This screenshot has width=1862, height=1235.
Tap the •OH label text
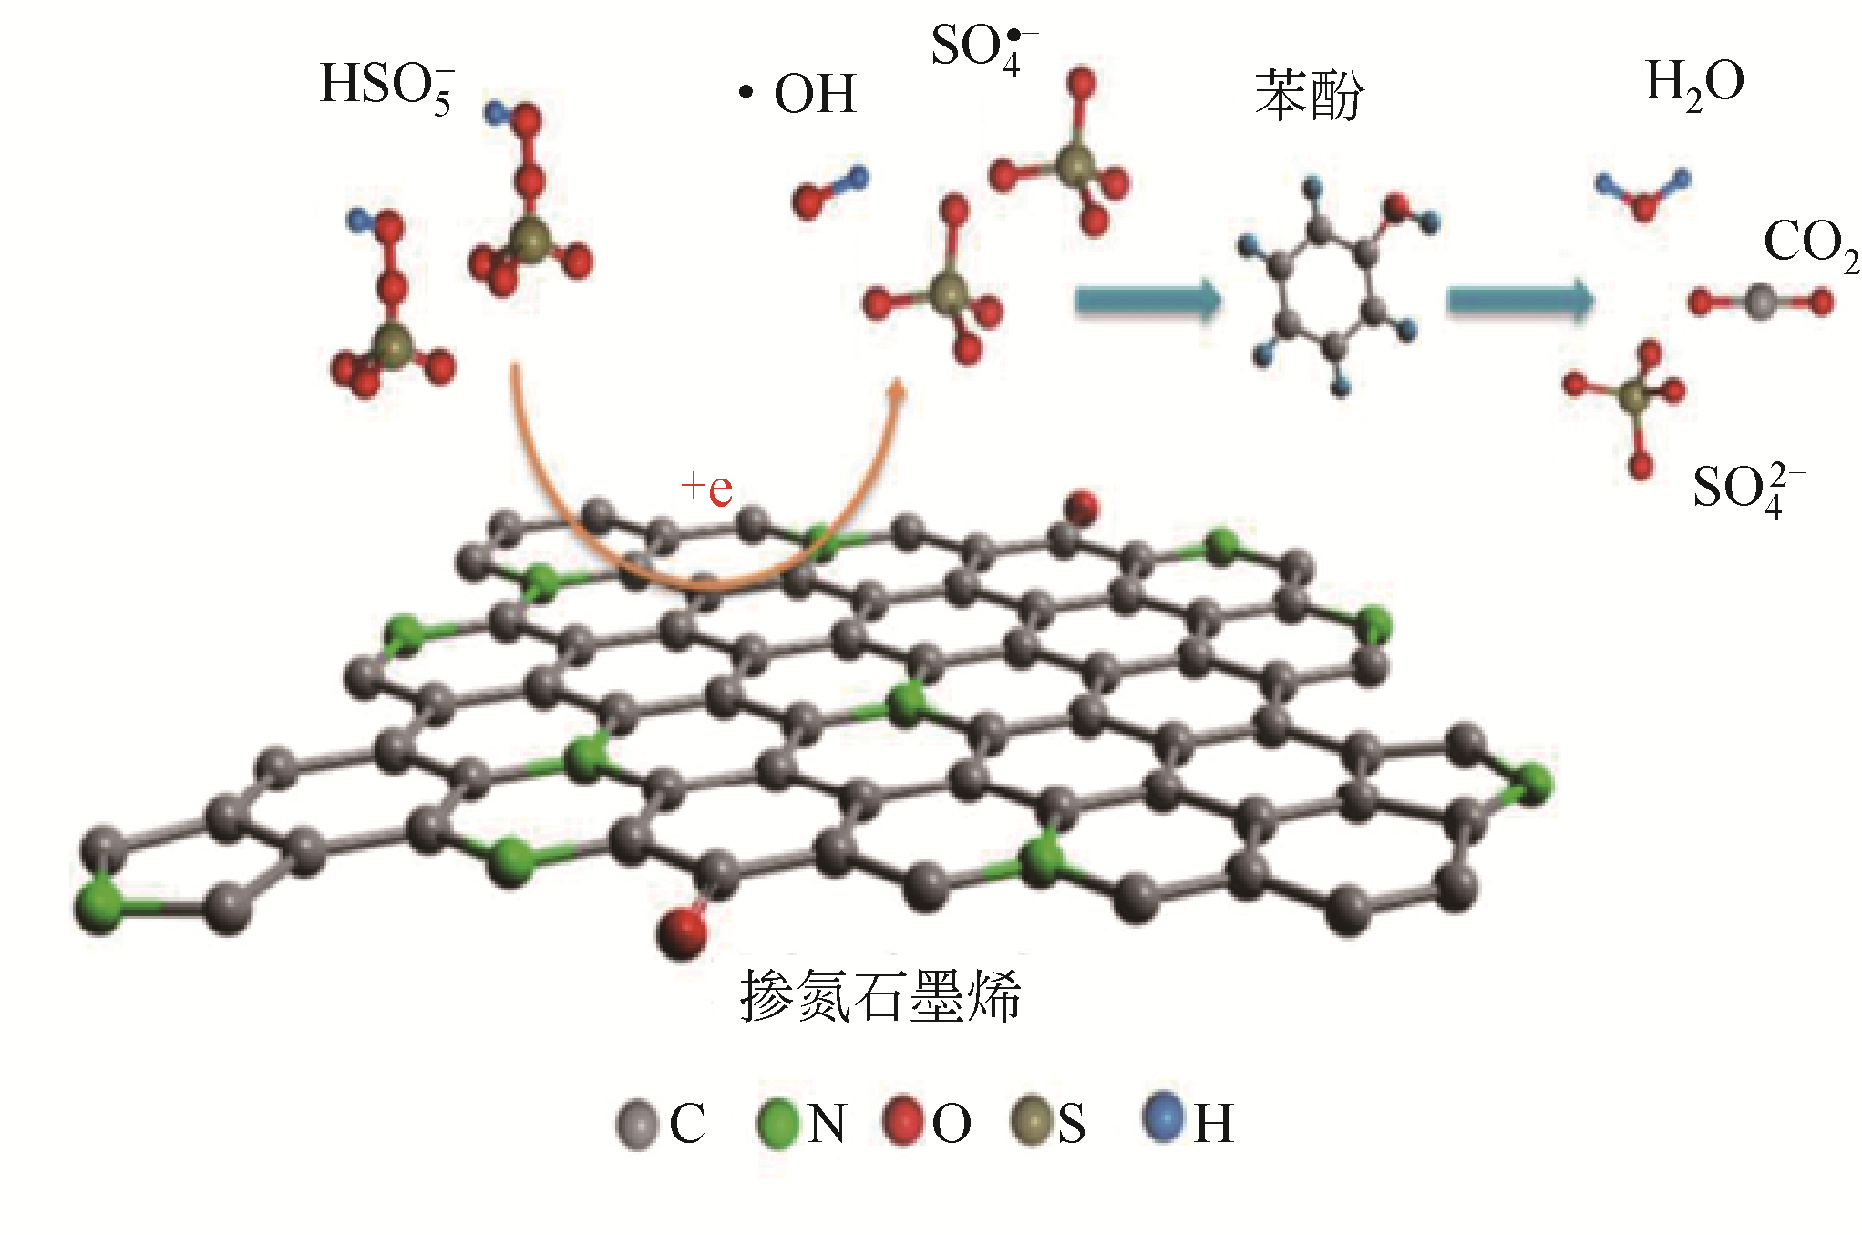point(800,94)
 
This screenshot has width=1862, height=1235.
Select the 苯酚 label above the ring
point(1309,95)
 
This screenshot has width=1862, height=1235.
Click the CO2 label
point(1809,244)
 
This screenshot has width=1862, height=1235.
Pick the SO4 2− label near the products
point(1745,489)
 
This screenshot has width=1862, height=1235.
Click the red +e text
point(707,489)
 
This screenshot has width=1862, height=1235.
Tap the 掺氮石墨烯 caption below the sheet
point(880,995)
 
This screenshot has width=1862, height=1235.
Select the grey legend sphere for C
point(636,1123)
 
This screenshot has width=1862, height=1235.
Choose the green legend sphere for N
point(777,1123)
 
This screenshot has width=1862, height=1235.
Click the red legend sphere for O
point(903,1120)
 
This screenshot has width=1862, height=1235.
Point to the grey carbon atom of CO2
point(1760,301)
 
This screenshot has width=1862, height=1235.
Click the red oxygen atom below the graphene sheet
point(681,931)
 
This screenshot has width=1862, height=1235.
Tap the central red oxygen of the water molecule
point(1643,207)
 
